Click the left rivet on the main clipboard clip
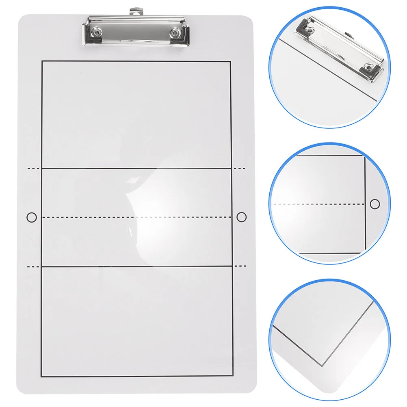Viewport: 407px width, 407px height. pyautogui.click(x=98, y=32)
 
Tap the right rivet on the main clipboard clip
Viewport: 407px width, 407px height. pyautogui.click(x=175, y=32)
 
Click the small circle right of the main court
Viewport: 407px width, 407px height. pyautogui.click(x=241, y=217)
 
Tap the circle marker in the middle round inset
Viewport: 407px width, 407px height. pyautogui.click(x=375, y=203)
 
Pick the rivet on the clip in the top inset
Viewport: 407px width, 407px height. pyautogui.click(x=368, y=68)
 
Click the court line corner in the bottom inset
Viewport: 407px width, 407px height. pyautogui.click(x=323, y=366)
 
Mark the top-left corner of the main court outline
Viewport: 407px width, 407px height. pyautogui.click(x=42, y=61)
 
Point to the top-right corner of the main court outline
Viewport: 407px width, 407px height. pyautogui.click(x=231, y=61)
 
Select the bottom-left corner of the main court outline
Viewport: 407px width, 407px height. pyautogui.click(x=42, y=377)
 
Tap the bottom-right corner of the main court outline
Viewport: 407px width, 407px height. pyautogui.click(x=234, y=377)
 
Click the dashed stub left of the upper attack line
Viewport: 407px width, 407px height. pyautogui.click(x=33, y=168)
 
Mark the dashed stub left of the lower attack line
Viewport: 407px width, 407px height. pyautogui.click(x=33, y=266)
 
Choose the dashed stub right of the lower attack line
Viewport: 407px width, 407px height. pyautogui.click(x=240, y=266)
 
